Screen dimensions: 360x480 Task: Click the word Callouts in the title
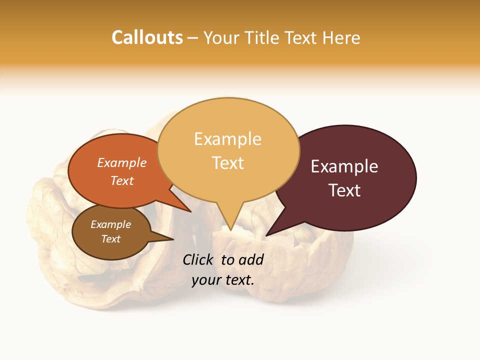pyautogui.click(x=147, y=37)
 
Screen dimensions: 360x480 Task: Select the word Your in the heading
pyautogui.click(x=220, y=37)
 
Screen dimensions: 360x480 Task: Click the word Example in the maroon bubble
pyautogui.click(x=344, y=166)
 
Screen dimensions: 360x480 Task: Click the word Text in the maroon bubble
pyautogui.click(x=344, y=190)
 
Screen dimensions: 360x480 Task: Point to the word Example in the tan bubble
pyautogui.click(x=227, y=139)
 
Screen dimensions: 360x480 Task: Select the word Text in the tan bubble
pyautogui.click(x=228, y=163)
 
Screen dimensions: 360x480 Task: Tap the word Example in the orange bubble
pyautogui.click(x=122, y=162)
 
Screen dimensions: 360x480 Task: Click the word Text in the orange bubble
pyautogui.click(x=122, y=180)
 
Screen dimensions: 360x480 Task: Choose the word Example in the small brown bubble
pyautogui.click(x=111, y=224)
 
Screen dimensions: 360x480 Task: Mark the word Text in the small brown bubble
pyautogui.click(x=111, y=239)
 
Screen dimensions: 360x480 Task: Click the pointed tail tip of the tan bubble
pyautogui.click(x=230, y=229)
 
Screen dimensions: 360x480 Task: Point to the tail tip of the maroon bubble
pyautogui.click(x=266, y=235)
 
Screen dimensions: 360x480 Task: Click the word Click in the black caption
pyautogui.click(x=198, y=259)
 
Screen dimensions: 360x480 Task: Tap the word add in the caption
pyautogui.click(x=251, y=259)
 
